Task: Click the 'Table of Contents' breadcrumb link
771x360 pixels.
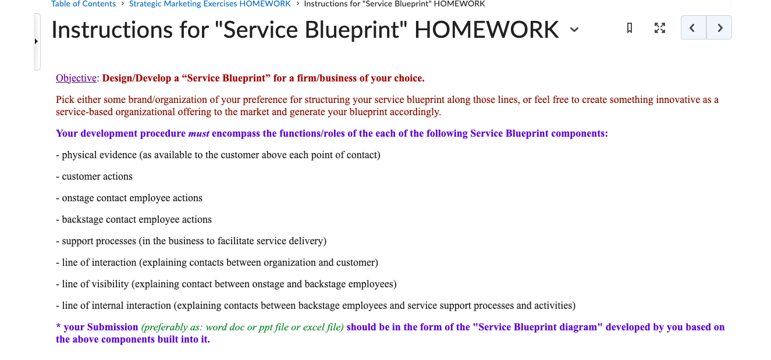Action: (x=83, y=4)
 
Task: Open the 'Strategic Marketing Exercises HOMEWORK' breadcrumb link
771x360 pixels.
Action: (x=209, y=4)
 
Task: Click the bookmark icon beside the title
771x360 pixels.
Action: (x=629, y=28)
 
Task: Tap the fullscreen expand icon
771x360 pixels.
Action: (x=659, y=28)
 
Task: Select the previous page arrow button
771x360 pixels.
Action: (x=693, y=28)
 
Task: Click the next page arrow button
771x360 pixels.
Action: (x=720, y=28)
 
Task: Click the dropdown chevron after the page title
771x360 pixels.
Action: (x=574, y=30)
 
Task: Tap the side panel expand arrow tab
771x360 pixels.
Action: (x=37, y=42)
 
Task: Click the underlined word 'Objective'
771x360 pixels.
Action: (x=76, y=79)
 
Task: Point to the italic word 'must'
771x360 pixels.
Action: (x=199, y=134)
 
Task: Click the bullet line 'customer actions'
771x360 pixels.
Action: (x=97, y=177)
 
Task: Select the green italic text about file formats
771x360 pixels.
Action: (x=243, y=327)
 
